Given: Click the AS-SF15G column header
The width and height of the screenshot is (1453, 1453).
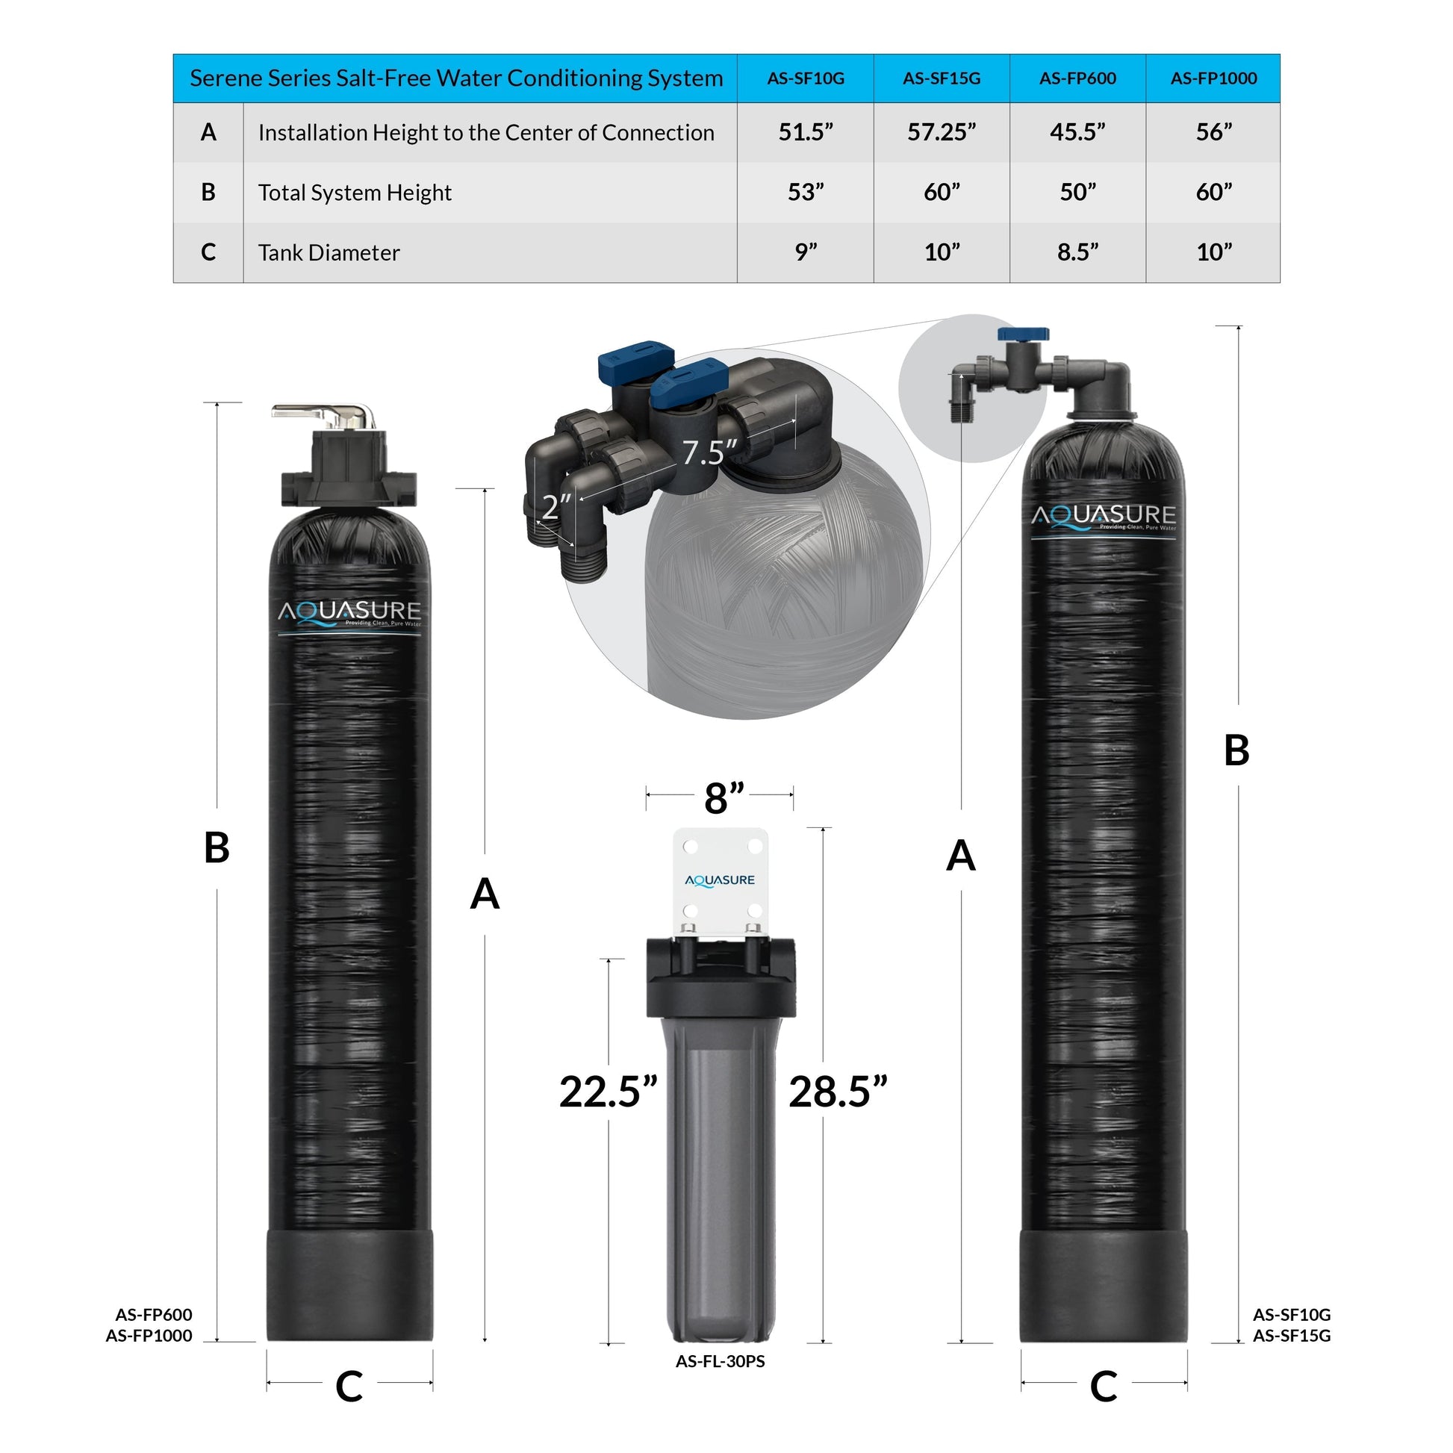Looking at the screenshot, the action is point(941,78).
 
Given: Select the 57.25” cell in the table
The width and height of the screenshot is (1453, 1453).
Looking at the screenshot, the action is point(941,132).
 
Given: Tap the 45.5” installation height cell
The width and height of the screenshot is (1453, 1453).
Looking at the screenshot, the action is point(1077,132).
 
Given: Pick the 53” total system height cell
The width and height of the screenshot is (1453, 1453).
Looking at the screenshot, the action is point(806,193).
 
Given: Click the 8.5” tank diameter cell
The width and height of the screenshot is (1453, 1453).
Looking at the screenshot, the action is point(1077,252).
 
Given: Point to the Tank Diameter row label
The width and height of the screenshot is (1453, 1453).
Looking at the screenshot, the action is point(329,252).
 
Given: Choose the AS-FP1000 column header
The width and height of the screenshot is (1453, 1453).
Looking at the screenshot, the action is point(1213,78).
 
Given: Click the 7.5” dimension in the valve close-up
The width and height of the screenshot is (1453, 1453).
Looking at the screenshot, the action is point(709,452).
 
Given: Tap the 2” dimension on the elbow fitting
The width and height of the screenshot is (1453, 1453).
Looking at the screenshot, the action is point(556,506).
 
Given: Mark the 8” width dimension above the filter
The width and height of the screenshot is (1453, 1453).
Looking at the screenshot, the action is point(724,798).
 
